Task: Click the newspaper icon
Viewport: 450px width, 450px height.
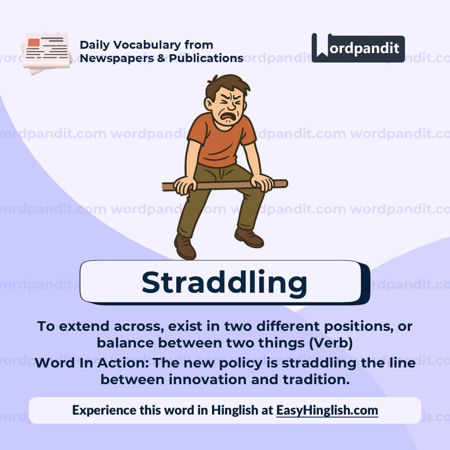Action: coord(47,53)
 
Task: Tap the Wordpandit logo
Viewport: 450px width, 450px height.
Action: coord(358,48)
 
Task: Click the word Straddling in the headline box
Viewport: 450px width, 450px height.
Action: coord(224,282)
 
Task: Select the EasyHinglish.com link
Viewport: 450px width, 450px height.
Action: coord(327,410)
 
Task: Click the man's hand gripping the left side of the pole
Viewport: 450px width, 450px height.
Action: coord(185,184)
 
